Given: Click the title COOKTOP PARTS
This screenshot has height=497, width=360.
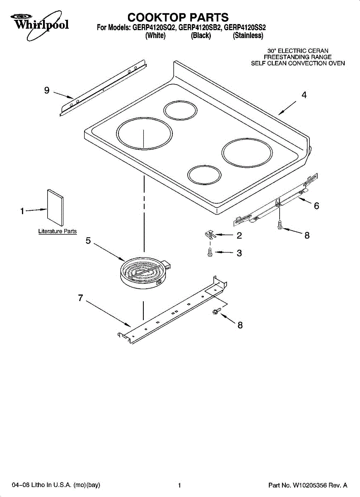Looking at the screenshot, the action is pyautogui.click(x=178, y=17).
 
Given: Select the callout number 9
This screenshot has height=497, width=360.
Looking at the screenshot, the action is pyautogui.click(x=47, y=90).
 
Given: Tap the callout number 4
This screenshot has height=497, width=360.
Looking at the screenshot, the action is pyautogui.click(x=304, y=95).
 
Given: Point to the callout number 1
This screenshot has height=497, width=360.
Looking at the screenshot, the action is pyautogui.click(x=22, y=211).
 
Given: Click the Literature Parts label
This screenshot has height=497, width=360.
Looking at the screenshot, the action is pyautogui.click(x=58, y=231).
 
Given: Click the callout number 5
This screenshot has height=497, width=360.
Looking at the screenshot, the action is pyautogui.click(x=88, y=241).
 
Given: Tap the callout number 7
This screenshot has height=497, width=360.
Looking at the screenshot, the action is pyautogui.click(x=81, y=297).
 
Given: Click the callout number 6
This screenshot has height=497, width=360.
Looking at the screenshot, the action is pyautogui.click(x=316, y=206).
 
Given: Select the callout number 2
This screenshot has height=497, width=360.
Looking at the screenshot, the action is pyautogui.click(x=239, y=236).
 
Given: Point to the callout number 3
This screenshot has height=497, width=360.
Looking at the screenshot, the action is pyautogui.click(x=239, y=253).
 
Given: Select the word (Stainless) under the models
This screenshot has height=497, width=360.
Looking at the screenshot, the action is pyautogui.click(x=248, y=36).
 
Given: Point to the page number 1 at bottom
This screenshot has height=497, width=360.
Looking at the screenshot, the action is pyautogui.click(x=179, y=485).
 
